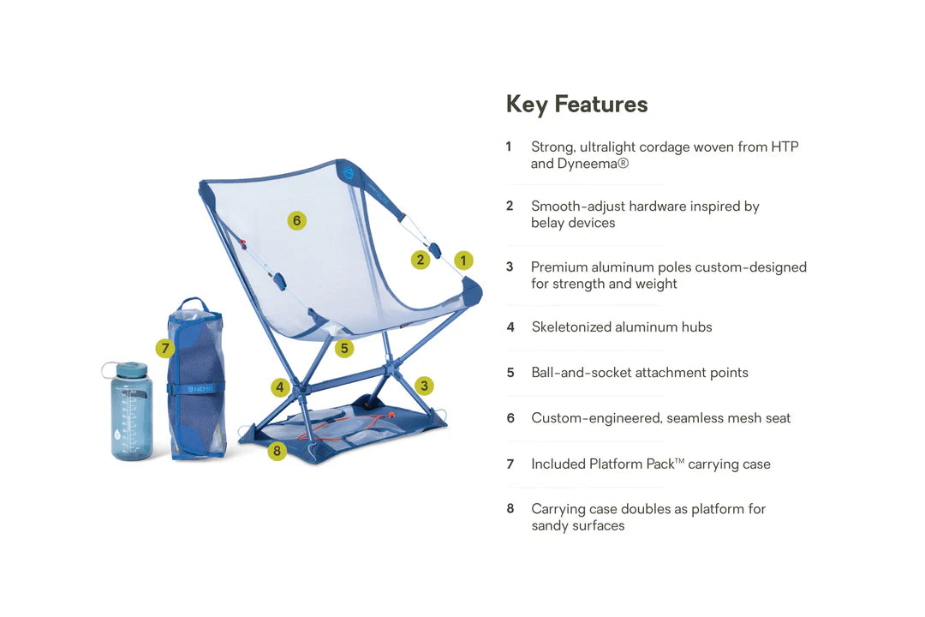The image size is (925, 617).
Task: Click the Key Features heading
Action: [576, 105]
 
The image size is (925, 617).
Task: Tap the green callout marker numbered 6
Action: [296, 221]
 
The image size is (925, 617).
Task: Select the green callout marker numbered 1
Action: [463, 261]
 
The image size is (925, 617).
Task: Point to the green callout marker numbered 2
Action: [420, 261]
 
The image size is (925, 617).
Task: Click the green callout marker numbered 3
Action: [423, 386]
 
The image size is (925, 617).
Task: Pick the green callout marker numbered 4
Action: [279, 387]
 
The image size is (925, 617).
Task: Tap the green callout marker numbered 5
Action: [344, 349]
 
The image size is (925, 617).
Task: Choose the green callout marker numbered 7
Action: [165, 349]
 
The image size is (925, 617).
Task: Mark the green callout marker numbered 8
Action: [277, 451]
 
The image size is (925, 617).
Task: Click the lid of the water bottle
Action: [131, 370]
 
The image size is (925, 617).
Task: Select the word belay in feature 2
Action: [549, 223]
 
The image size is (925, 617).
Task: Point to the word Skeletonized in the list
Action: [572, 327]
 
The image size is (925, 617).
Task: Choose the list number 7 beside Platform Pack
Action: [510, 464]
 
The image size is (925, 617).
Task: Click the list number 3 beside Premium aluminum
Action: [510, 267]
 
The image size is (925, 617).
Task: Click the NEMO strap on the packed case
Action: [196, 389]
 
